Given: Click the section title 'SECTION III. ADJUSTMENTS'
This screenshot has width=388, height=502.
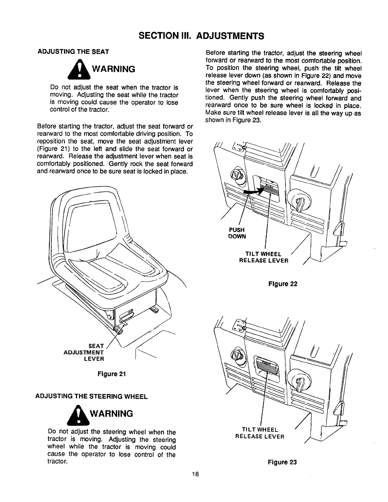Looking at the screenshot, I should (x=194, y=35).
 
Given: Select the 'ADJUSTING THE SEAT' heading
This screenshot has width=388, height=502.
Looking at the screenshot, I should (x=74, y=51).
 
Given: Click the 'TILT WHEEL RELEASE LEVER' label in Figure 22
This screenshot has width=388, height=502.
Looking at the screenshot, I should (x=264, y=257).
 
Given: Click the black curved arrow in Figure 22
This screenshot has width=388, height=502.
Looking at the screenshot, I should (x=254, y=191).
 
